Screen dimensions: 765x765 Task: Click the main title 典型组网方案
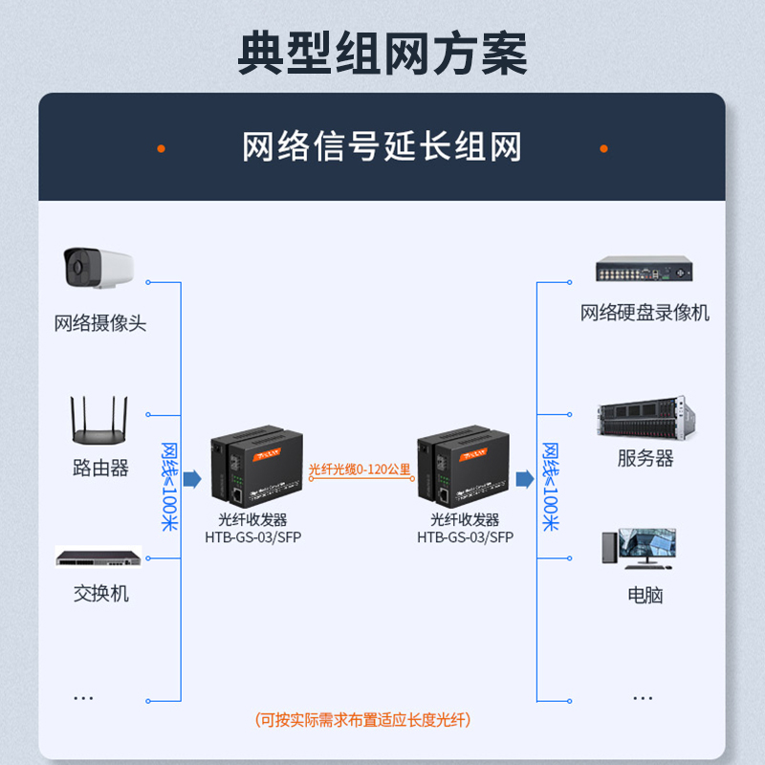pos(382,55)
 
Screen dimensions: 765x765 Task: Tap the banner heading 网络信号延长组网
pos(382,147)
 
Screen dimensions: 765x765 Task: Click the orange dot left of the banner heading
pos(161,148)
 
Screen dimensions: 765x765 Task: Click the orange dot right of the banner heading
pos(603,148)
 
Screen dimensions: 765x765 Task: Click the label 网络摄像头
pos(100,323)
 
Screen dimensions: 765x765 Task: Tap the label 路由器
pos(100,469)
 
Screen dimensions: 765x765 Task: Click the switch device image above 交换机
pos(98,557)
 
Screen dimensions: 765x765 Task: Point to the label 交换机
pos(100,594)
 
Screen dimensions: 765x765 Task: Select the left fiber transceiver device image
pos(255,469)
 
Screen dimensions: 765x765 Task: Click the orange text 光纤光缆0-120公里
pos(360,470)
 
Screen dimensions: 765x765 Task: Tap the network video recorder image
pos(643,272)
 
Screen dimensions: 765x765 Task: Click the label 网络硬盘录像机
pos(645,313)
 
